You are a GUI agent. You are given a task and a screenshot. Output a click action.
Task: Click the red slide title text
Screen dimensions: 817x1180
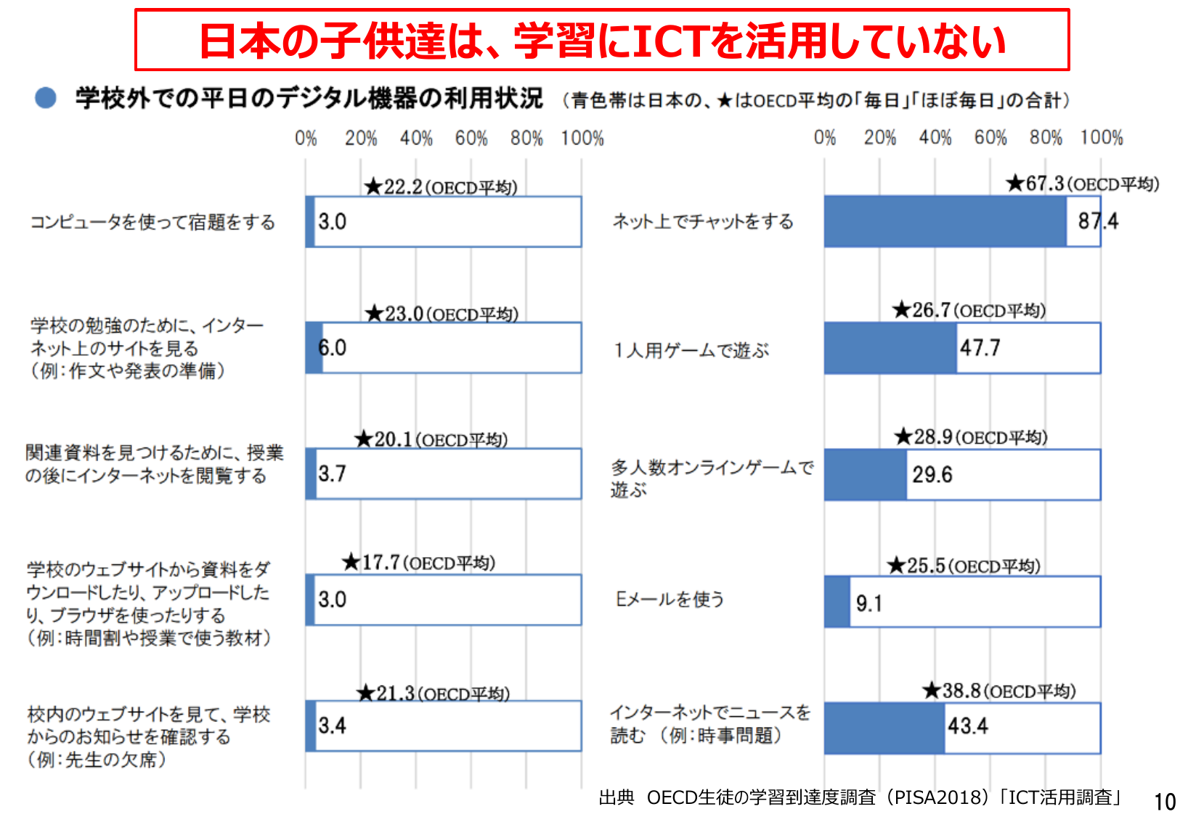coord(602,41)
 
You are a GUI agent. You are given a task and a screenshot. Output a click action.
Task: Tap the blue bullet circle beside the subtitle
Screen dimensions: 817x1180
coord(46,98)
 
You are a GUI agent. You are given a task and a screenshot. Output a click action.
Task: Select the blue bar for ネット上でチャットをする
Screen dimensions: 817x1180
coord(944,221)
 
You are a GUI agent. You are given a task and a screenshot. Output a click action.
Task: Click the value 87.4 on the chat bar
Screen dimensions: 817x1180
coord(1097,221)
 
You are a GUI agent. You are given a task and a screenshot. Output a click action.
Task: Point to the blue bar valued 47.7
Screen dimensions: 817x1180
coord(890,349)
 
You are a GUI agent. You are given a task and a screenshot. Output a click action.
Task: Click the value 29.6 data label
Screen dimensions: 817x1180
coord(932,475)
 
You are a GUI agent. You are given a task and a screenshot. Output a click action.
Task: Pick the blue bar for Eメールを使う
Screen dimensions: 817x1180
coord(837,601)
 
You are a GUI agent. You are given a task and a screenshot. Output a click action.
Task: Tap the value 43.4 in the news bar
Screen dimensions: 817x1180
coord(967,726)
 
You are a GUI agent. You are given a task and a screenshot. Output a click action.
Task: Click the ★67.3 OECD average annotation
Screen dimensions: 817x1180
coord(1082,184)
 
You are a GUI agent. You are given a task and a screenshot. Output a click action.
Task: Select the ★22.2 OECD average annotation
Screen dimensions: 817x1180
coord(441,187)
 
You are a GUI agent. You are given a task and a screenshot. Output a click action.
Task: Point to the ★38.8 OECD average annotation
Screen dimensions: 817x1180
coord(999,691)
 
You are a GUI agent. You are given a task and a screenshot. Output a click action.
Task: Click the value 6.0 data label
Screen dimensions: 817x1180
coord(333,348)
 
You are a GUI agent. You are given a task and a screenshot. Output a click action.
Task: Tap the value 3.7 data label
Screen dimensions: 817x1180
coord(332,474)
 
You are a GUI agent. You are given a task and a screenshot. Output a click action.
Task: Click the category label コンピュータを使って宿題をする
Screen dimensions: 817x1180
coord(152,222)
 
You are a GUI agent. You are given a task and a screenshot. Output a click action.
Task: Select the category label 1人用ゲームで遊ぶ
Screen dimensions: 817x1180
coord(691,351)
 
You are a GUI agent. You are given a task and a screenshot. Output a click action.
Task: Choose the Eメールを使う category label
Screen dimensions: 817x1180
coord(670,599)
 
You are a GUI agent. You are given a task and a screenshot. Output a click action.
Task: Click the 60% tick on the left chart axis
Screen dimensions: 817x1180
coord(471,138)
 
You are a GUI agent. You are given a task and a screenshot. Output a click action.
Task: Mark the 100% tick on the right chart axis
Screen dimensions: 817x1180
coord(1101,138)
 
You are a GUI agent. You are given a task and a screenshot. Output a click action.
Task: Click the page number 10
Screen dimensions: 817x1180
coord(1165,802)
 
